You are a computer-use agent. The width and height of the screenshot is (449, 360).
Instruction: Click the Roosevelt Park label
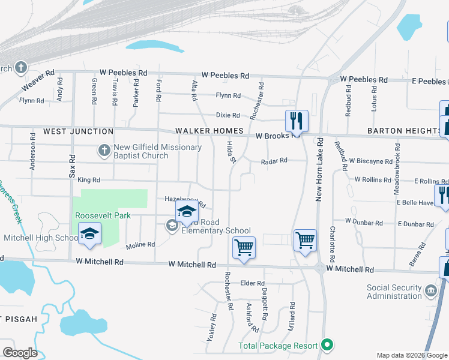[x=103, y=215]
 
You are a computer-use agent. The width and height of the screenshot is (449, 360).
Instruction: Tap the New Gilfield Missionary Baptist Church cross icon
[x=104, y=149]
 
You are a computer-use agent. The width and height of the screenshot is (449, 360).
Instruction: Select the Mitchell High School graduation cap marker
[x=89, y=234]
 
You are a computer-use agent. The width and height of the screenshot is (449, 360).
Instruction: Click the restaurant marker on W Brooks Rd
[x=296, y=121]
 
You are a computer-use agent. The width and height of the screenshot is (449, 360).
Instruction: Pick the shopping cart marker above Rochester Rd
[x=244, y=247]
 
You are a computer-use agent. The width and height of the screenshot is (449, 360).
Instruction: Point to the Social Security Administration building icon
[x=430, y=292]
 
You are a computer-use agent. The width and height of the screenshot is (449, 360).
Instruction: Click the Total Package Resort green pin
[x=327, y=345]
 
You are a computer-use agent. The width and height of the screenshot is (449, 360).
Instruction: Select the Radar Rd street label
[x=274, y=160]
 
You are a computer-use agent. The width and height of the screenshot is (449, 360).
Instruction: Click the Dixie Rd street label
[x=228, y=115]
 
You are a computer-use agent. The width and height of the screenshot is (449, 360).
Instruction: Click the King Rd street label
[x=89, y=179]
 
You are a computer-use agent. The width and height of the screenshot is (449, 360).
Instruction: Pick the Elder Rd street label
[x=252, y=283]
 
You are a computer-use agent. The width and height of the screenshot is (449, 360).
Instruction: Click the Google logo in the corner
[x=20, y=353]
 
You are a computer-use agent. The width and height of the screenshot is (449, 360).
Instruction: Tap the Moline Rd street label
[x=140, y=245]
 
